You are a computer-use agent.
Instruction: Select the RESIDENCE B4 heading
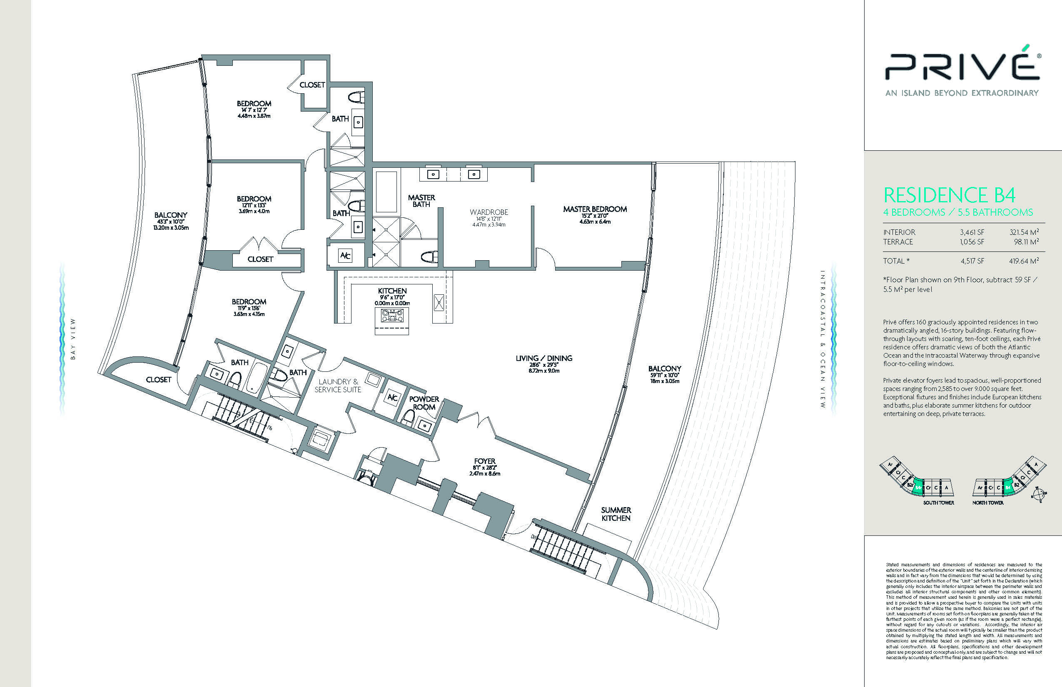click(x=950, y=195)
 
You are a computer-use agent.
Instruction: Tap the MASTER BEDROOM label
click(x=595, y=209)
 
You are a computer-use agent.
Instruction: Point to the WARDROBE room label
click(x=489, y=212)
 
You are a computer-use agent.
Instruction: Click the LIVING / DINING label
click(x=544, y=358)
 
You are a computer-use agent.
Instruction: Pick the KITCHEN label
click(x=392, y=291)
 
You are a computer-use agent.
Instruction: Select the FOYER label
click(x=485, y=461)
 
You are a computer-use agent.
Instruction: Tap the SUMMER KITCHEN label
click(x=616, y=514)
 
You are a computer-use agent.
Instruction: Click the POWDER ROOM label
click(x=424, y=403)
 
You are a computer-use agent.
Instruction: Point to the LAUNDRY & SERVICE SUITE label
click(x=338, y=386)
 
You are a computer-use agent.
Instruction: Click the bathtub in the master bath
click(x=386, y=192)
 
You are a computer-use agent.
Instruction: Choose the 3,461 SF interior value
click(x=972, y=232)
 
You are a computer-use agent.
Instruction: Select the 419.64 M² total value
click(x=1024, y=261)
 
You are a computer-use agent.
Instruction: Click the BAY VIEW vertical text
click(x=73, y=339)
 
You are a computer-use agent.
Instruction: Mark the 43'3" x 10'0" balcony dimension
click(x=170, y=222)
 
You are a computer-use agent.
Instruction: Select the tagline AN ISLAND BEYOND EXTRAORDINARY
click(x=962, y=93)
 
